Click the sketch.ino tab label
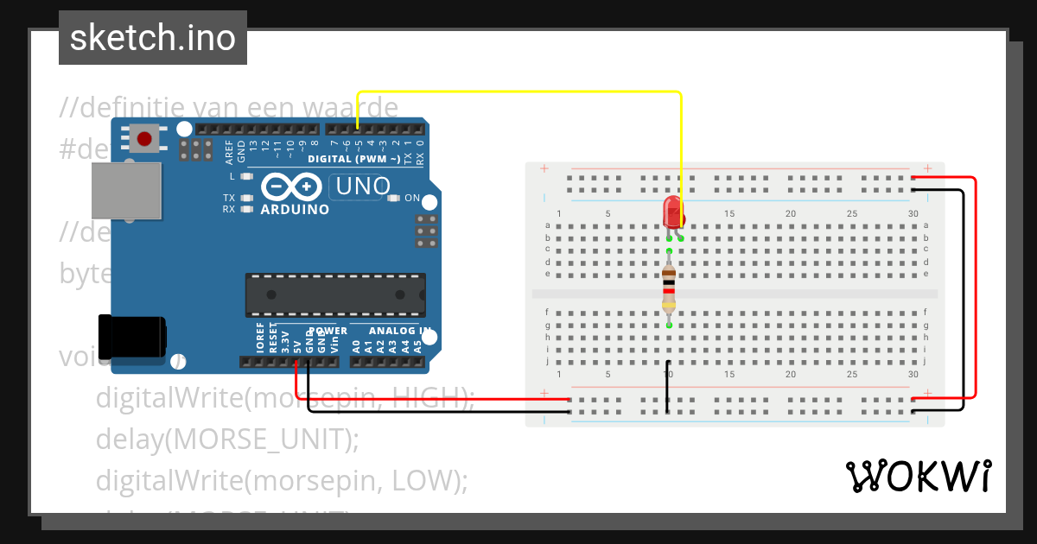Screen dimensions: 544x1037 pyautogui.click(x=152, y=38)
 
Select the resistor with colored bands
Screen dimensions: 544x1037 pyautogui.click(x=669, y=288)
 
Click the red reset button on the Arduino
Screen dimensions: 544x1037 pyautogui.click(x=145, y=138)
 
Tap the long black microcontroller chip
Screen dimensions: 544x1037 pyautogui.click(x=334, y=294)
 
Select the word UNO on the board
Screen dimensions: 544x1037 pyautogui.click(x=362, y=186)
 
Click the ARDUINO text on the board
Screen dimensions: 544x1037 pyautogui.click(x=294, y=210)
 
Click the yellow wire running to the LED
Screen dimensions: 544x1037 pyautogui.click(x=518, y=92)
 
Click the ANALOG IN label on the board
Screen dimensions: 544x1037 pyautogui.click(x=399, y=331)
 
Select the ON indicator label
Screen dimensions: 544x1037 pyautogui.click(x=412, y=199)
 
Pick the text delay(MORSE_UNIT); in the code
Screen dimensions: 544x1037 pyautogui.click(x=226, y=439)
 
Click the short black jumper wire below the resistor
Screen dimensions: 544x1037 pyautogui.click(x=668, y=386)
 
